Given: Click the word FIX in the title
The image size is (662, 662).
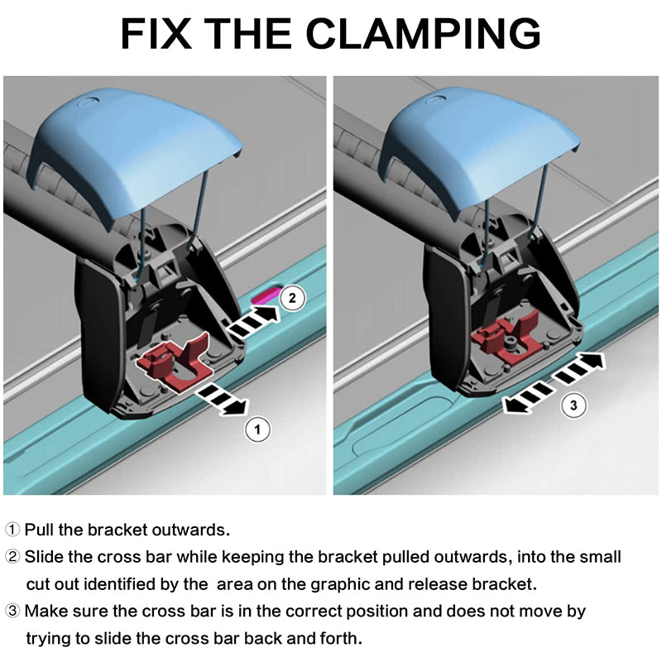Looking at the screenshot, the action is (x=156, y=34).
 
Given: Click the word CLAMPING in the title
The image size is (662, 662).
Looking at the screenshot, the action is (x=424, y=34).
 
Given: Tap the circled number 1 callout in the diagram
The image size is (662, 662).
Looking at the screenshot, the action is (x=257, y=429).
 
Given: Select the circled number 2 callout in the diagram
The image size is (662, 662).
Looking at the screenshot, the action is (x=292, y=299).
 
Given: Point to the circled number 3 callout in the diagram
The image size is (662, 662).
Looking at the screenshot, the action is (x=573, y=405).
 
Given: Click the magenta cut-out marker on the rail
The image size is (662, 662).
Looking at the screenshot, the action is (x=266, y=295).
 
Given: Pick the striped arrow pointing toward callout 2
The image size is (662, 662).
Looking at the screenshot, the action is (x=252, y=320).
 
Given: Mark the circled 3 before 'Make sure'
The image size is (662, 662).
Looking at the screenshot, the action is (x=12, y=611).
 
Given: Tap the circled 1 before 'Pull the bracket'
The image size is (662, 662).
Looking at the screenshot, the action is (x=12, y=530).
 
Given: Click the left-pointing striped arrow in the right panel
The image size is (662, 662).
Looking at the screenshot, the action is (x=527, y=397).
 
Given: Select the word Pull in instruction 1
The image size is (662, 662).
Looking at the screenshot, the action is (x=39, y=530).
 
